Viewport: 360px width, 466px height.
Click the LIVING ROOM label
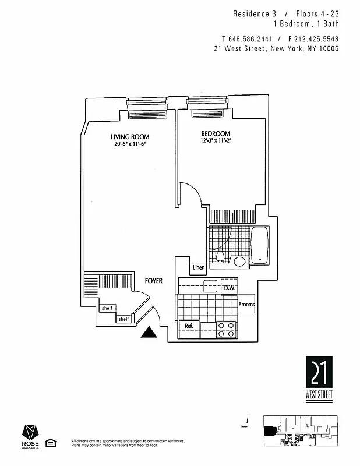(129, 137)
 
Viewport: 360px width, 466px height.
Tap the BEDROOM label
(216, 133)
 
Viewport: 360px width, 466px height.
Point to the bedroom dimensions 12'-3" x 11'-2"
(215, 141)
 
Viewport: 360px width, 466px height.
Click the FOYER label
(153, 281)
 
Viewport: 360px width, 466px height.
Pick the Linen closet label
(199, 268)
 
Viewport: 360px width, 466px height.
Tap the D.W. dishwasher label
(228, 288)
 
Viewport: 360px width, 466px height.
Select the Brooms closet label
(246, 305)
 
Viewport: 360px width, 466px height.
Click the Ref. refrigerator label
(189, 326)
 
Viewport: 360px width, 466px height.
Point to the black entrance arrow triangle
(150, 332)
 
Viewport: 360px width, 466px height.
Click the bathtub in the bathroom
(260, 245)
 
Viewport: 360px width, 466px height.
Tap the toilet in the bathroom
(220, 256)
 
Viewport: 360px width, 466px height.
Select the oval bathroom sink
(239, 260)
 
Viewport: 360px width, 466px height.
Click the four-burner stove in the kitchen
(226, 330)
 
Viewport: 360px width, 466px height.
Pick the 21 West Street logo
(319, 378)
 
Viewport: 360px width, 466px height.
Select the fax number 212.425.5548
(311, 39)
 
